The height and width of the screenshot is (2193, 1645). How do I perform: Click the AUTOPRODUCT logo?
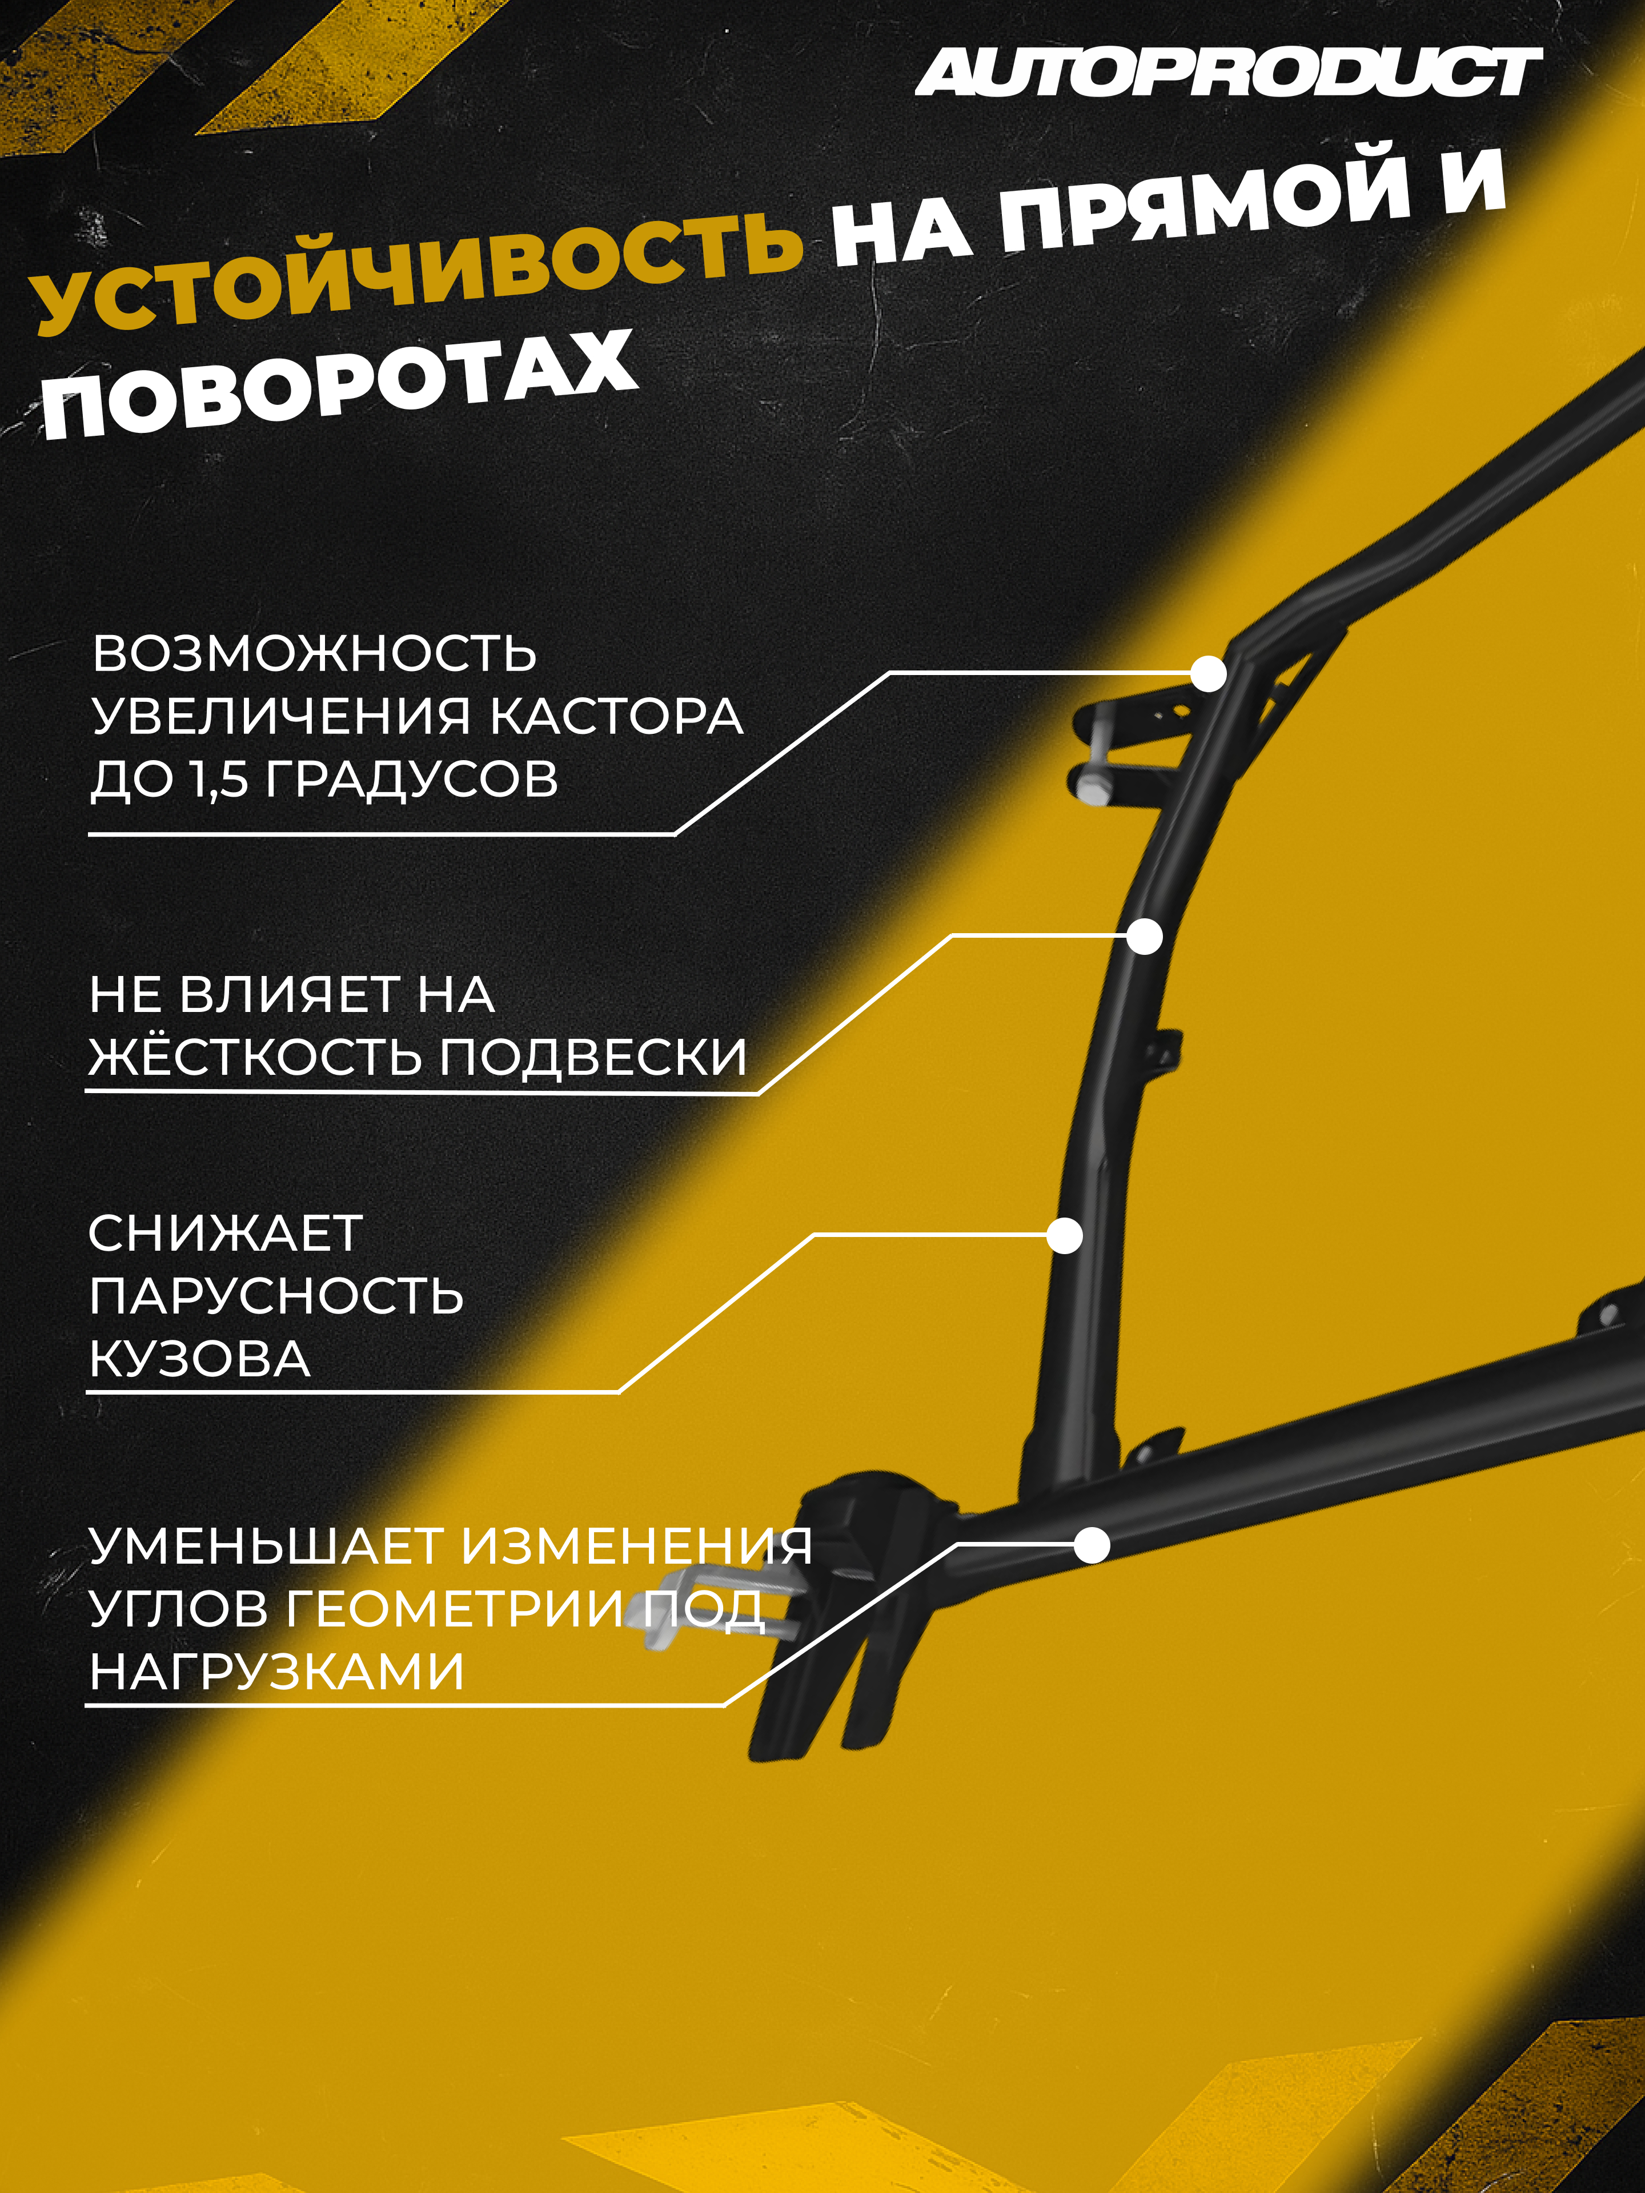(x=1227, y=73)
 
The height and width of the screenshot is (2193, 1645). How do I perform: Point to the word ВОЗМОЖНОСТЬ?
(x=314, y=654)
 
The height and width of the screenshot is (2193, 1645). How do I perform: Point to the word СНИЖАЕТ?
(x=225, y=1234)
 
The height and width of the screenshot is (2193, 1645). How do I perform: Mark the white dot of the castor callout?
(x=1207, y=674)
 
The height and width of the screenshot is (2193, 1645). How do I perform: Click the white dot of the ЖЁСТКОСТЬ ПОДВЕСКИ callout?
(x=1145, y=936)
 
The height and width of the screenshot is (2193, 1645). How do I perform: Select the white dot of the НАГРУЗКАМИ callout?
(x=1092, y=1545)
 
